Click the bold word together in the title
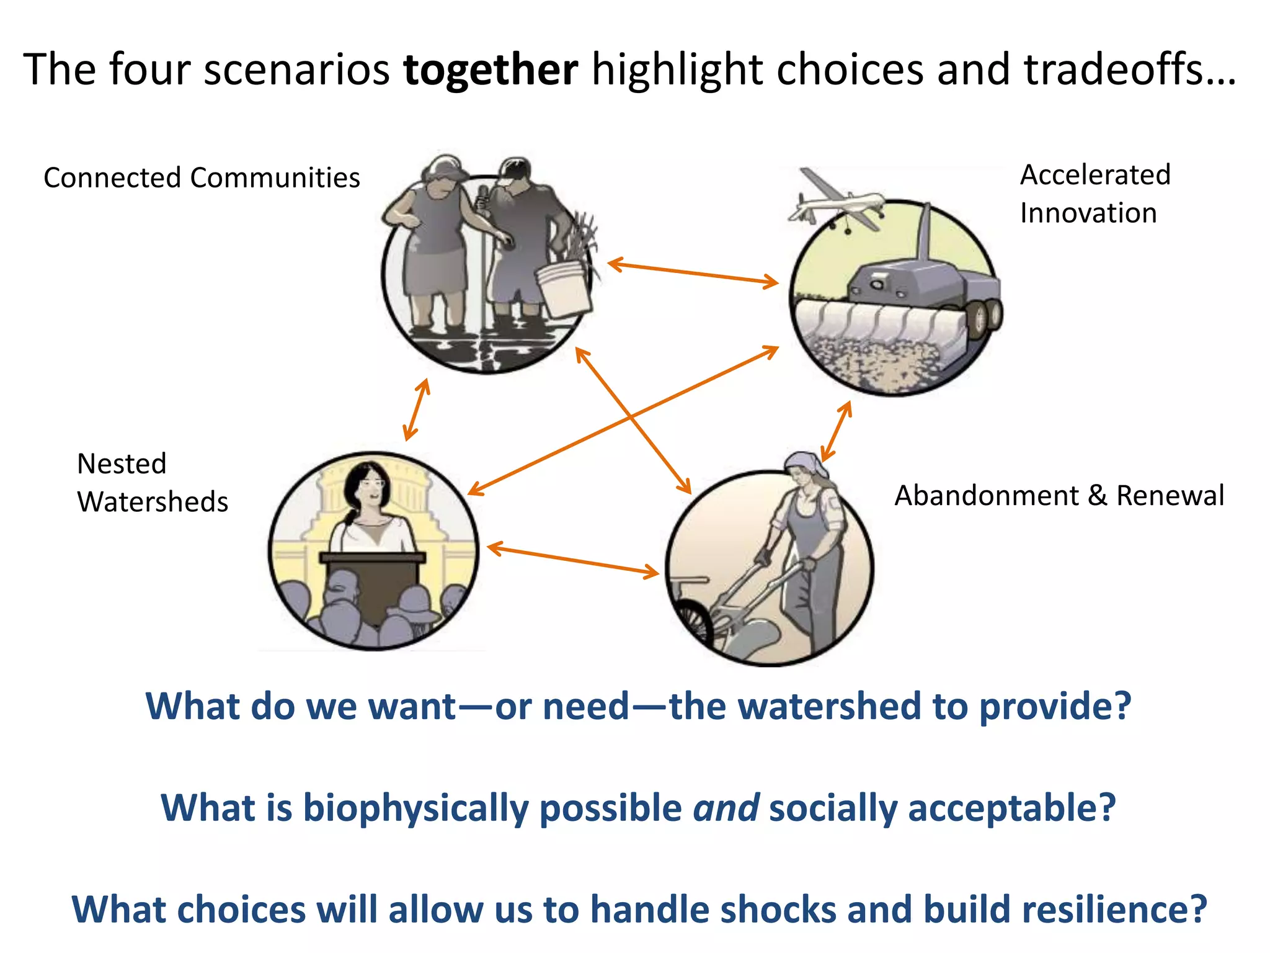[x=491, y=69]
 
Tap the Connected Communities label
[x=202, y=178]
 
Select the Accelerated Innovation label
[x=1095, y=194]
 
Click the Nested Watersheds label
[x=152, y=483]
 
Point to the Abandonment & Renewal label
[x=1059, y=496]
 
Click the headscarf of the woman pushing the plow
[x=804, y=463]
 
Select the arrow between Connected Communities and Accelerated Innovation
[x=693, y=273]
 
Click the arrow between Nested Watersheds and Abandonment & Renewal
[x=573, y=560]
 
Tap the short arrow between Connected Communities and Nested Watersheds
[x=416, y=409]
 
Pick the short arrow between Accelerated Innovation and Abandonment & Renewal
[x=836, y=431]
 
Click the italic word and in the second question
[x=726, y=808]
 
